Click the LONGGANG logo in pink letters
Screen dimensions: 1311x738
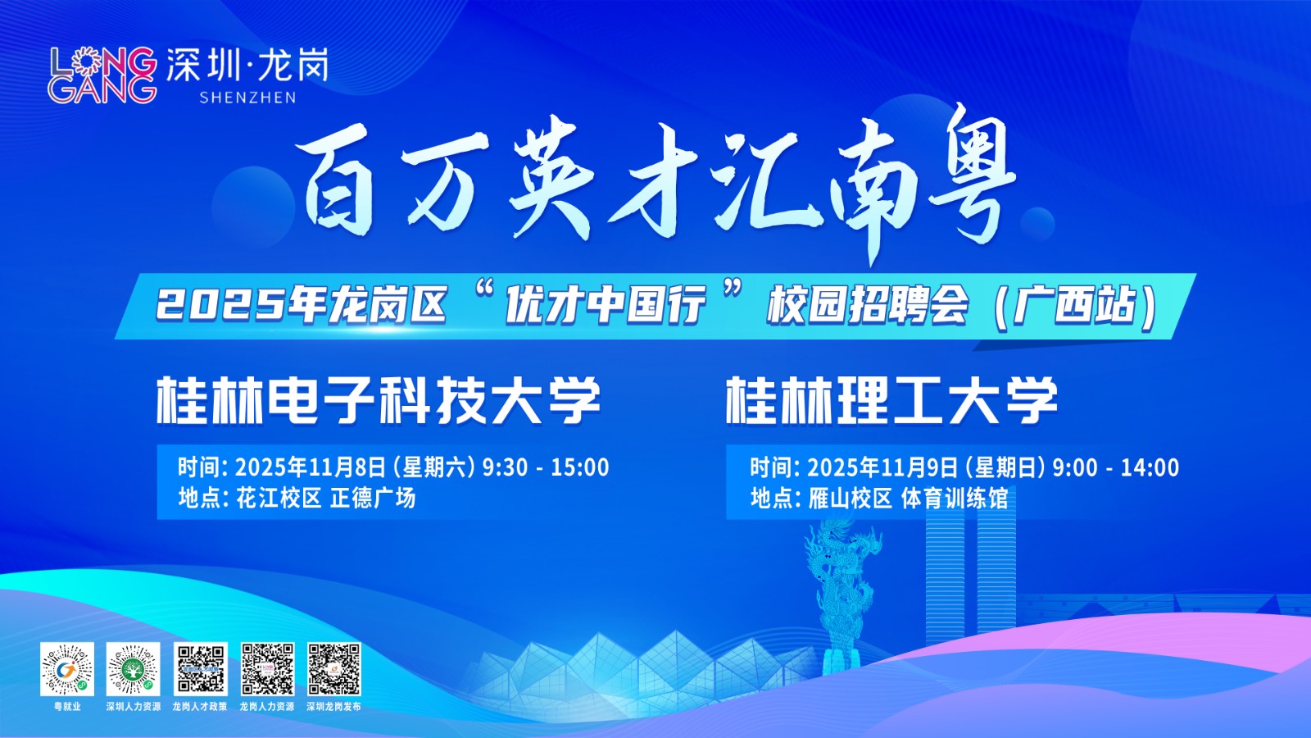tap(102, 75)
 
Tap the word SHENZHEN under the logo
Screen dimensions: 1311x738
tap(247, 98)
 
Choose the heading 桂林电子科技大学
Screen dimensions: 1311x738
tap(379, 400)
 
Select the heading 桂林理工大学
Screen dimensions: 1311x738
tap(892, 400)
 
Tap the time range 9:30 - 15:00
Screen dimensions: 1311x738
tap(546, 467)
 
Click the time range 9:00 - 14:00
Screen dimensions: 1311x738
tap(1116, 467)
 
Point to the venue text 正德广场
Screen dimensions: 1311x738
tap(373, 498)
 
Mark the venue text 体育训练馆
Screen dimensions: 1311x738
tap(955, 498)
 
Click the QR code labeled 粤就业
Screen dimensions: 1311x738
tap(67, 669)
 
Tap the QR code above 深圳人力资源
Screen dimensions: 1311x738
tap(134, 669)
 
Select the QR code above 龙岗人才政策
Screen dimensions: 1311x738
tap(200, 669)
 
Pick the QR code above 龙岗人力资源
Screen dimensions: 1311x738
tap(267, 669)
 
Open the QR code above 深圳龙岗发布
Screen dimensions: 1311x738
tap(334, 669)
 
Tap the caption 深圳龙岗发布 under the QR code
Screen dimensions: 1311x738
tap(333, 706)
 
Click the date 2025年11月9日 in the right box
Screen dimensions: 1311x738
tap(882, 467)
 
